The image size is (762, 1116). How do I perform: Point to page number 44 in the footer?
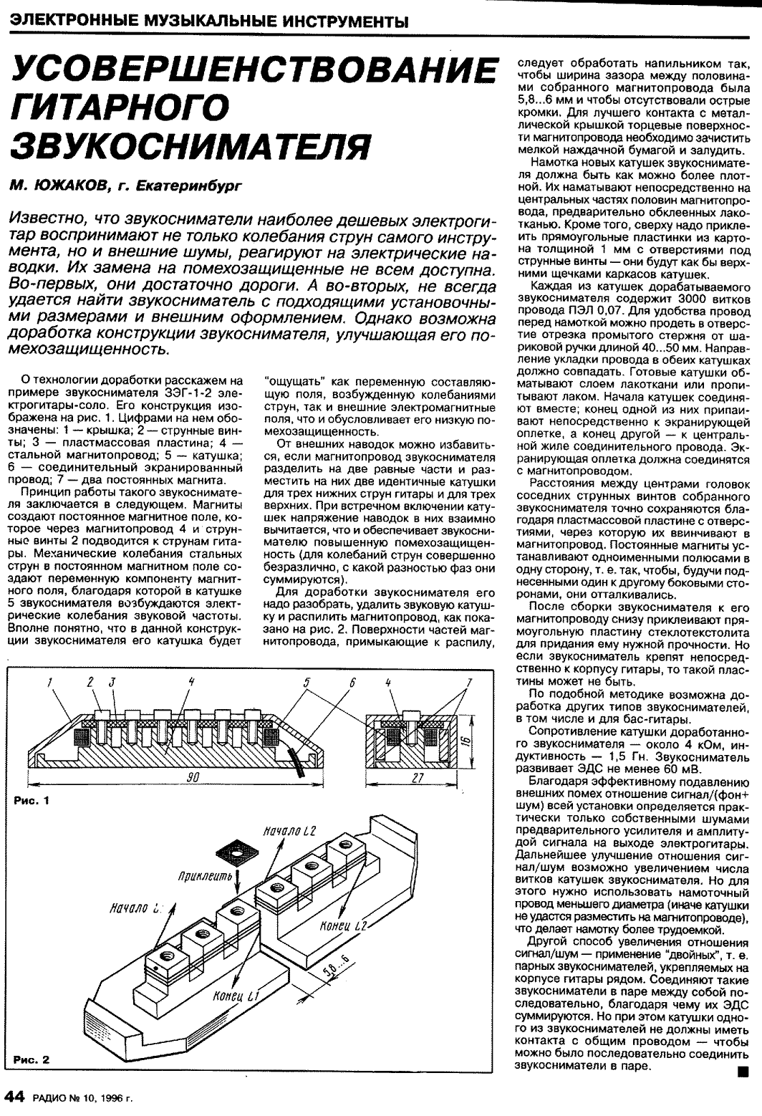(x=15, y=1096)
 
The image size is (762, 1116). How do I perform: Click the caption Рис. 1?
(x=31, y=800)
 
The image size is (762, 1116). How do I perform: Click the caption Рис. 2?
(x=31, y=1059)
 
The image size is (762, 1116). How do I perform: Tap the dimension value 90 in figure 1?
(x=192, y=779)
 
